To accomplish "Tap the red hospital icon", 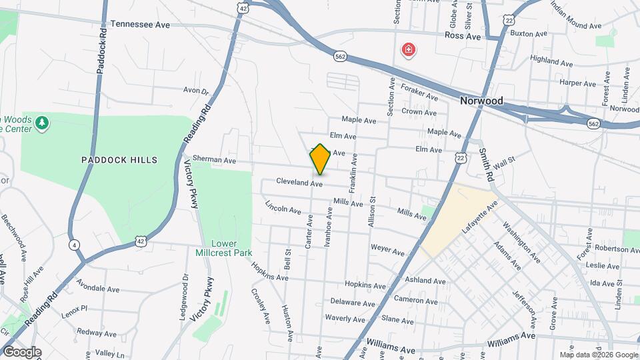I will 407,49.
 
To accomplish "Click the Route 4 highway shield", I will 73,245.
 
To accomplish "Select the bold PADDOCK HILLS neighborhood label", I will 119,160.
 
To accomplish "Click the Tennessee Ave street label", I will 140,23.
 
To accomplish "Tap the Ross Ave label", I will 463,37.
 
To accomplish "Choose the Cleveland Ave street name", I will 300,183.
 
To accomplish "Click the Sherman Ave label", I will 215,160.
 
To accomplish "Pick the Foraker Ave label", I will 419,92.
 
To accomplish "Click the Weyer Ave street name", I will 388,251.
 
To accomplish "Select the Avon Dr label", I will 196,91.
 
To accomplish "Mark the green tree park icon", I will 42,123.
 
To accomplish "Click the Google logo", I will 21,352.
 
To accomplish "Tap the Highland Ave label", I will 552,59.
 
